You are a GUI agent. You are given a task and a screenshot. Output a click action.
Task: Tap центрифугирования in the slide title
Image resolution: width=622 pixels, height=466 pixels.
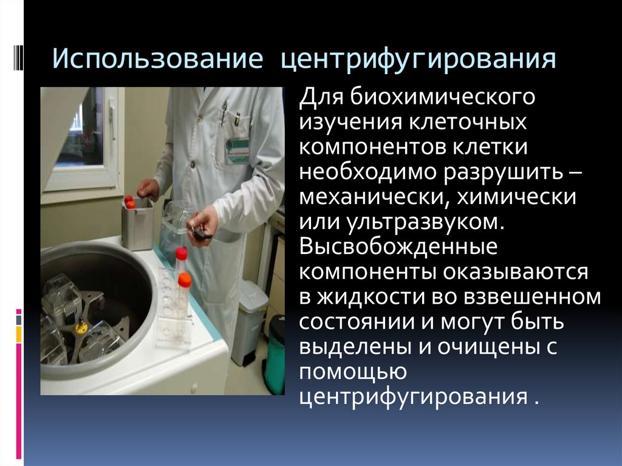[x=418, y=62]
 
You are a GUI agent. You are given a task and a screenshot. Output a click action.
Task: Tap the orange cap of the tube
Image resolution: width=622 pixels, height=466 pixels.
[x=185, y=280]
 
